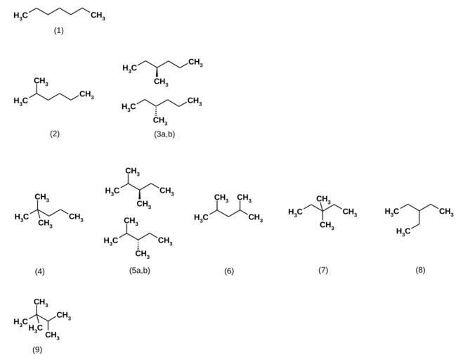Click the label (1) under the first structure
(x=58, y=30)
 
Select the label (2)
(x=55, y=133)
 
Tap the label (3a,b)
(x=164, y=133)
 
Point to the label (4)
(x=39, y=271)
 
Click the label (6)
(x=228, y=271)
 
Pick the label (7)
(x=322, y=269)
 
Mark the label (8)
(x=420, y=269)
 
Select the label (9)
(x=37, y=349)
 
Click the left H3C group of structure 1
(x=22, y=16)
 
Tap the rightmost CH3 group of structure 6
(x=256, y=218)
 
